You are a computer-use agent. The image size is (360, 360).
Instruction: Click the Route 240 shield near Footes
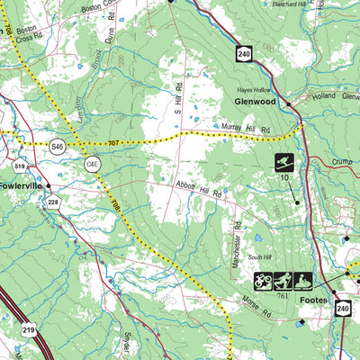tap(342, 308)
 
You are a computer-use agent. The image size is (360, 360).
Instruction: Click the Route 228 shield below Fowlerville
tap(52, 202)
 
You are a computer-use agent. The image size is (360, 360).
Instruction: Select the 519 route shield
tap(20, 166)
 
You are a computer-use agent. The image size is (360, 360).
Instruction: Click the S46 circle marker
tap(58, 145)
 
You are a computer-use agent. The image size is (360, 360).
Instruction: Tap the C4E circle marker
tap(92, 164)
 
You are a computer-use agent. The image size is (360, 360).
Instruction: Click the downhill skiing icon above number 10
tap(284, 163)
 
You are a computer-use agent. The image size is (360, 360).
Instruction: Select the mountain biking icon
tap(263, 281)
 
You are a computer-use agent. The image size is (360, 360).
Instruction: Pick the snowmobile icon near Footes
tap(302, 281)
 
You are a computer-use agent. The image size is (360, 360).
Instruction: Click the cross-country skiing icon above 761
tap(283, 281)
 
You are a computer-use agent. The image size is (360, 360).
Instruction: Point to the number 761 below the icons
tap(283, 296)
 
